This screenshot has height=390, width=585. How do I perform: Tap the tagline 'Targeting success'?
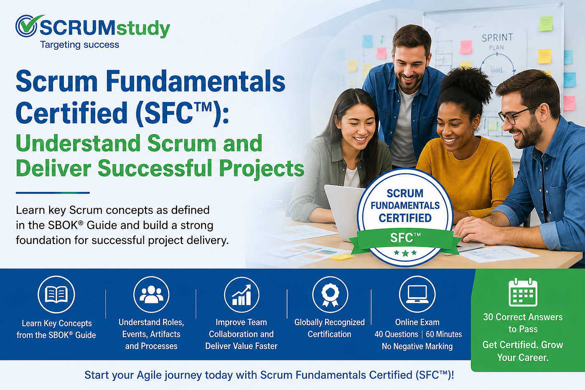(x=80, y=45)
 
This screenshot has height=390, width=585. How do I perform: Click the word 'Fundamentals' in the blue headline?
(x=196, y=81)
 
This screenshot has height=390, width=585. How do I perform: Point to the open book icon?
(x=56, y=294)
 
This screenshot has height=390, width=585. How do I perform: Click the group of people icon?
(x=151, y=294)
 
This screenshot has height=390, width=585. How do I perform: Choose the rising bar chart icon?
(x=242, y=295)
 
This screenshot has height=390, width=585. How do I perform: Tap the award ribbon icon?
(x=330, y=295)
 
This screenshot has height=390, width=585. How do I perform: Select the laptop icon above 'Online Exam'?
(x=417, y=294)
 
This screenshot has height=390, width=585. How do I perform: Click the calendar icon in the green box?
(x=523, y=292)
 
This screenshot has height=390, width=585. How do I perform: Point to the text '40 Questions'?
(x=396, y=334)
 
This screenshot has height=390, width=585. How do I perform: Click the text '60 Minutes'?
(x=444, y=334)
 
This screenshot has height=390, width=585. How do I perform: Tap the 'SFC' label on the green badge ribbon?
(x=405, y=238)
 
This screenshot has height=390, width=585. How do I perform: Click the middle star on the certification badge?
(x=405, y=253)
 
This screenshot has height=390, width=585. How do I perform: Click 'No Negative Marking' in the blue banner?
(x=417, y=347)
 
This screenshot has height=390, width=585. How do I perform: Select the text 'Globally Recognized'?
(x=330, y=322)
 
